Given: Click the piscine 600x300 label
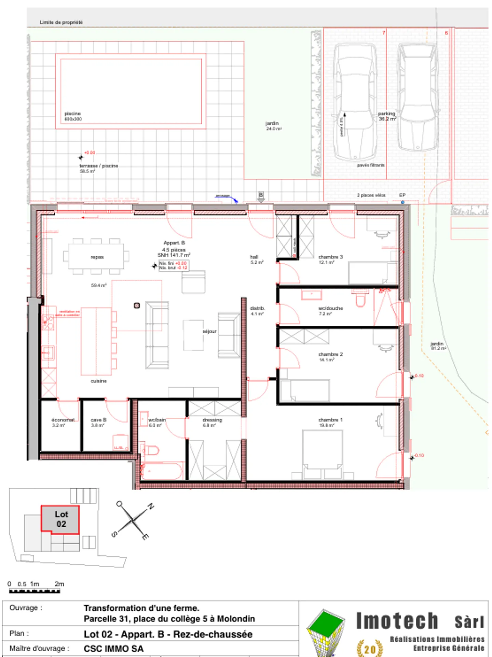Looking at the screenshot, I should pyautogui.click(x=73, y=116).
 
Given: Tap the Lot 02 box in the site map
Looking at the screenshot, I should pyautogui.click(x=60, y=519).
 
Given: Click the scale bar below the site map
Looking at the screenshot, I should pyautogui.click(x=34, y=591).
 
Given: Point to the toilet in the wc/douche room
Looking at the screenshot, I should pyautogui.click(x=360, y=299).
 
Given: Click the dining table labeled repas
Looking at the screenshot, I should pyautogui.click(x=96, y=257).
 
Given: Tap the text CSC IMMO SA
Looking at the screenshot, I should pyautogui.click(x=113, y=649).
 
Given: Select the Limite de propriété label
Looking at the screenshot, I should pyautogui.click(x=61, y=22).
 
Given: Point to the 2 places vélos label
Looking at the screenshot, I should pyautogui.click(x=371, y=195).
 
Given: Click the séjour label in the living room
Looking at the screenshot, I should pyautogui.click(x=209, y=331).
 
